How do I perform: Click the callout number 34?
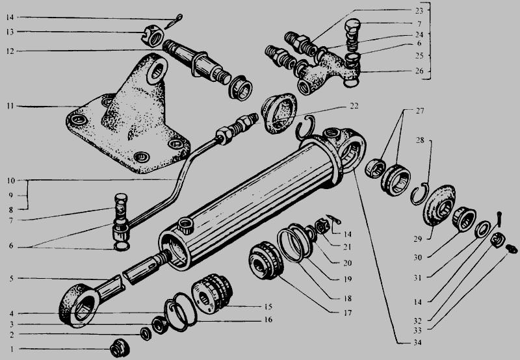[417, 342]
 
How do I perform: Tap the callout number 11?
[10, 106]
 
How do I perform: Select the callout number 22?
[354, 106]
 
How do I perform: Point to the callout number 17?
[347, 313]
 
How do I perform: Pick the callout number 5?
[11, 279]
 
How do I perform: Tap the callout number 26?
[419, 71]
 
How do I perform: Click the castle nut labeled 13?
[153, 36]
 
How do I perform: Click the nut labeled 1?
[120, 348]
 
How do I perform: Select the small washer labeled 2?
[146, 333]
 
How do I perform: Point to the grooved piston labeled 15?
[212, 293]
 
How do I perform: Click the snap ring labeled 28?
[420, 194]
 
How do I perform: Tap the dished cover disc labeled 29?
[438, 205]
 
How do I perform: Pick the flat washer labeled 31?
[482, 229]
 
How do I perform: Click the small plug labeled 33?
[512, 249]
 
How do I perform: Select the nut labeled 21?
[322, 227]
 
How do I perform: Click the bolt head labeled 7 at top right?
[352, 25]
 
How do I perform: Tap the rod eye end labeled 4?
[79, 305]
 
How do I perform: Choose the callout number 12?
[10, 51]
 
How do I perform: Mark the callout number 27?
[419, 110]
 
